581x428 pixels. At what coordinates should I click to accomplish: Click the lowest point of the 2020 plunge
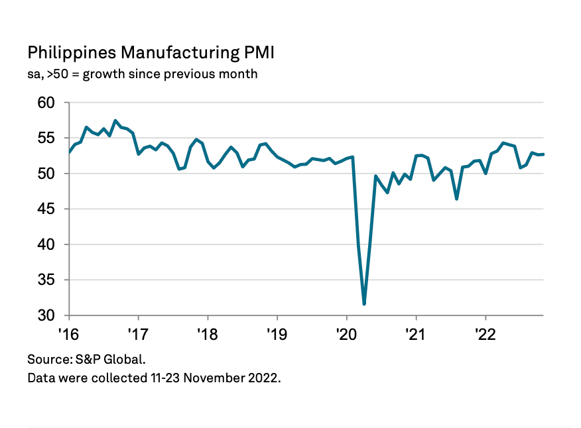(364, 303)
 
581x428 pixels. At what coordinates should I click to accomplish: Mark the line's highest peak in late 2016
(115, 121)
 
